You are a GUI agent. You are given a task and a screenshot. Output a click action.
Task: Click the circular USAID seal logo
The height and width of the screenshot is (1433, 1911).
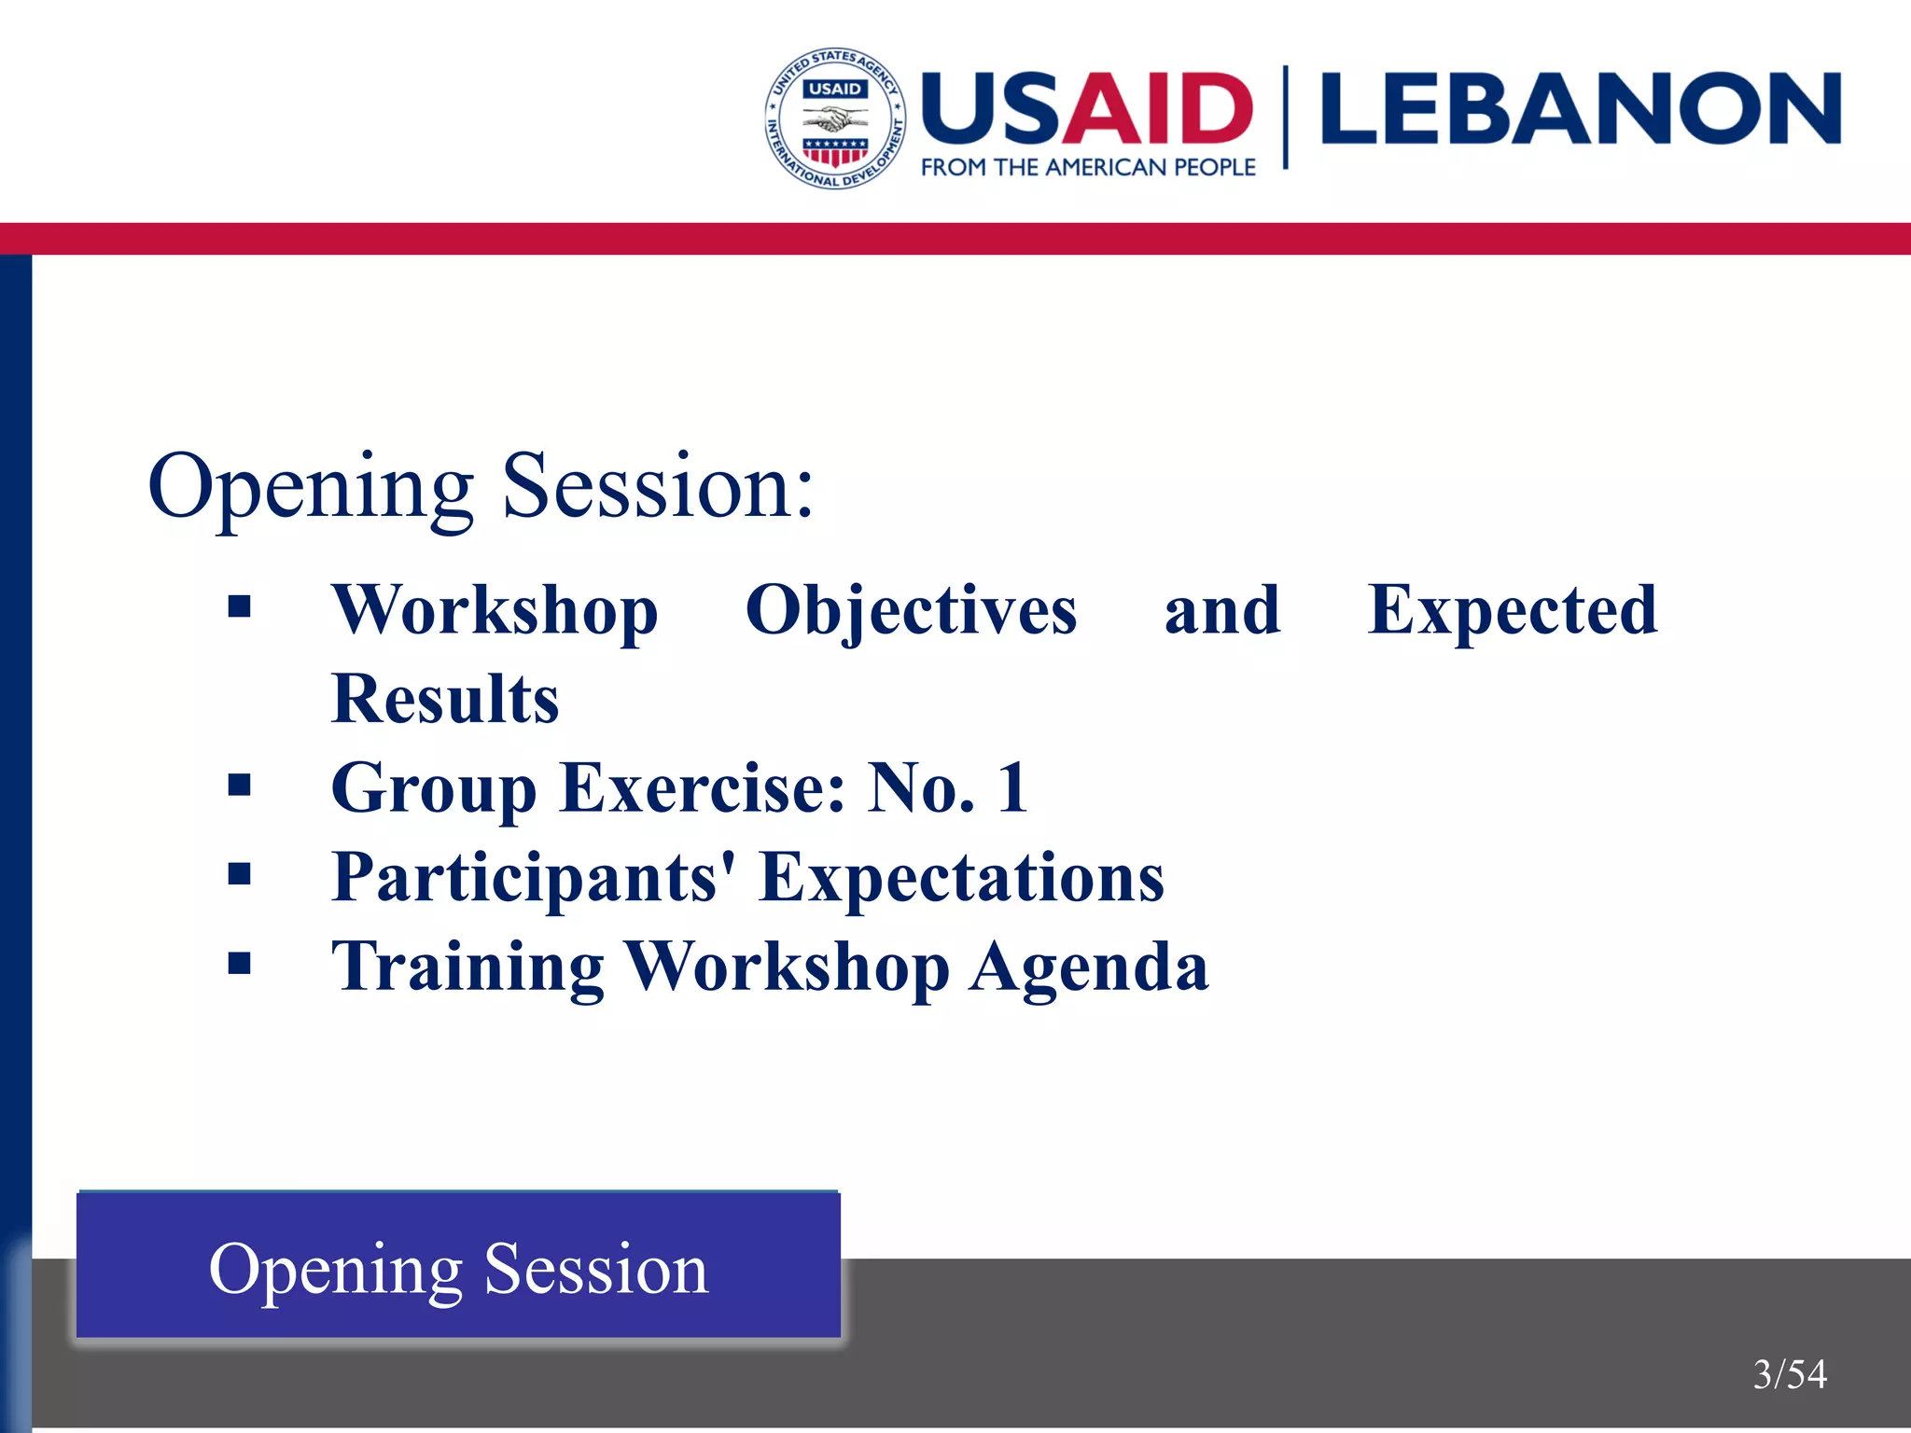(x=835, y=118)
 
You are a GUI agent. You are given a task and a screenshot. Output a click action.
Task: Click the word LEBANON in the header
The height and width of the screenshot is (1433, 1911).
(x=1580, y=110)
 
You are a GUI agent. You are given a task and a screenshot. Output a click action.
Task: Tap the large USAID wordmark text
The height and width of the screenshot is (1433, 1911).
(x=1087, y=108)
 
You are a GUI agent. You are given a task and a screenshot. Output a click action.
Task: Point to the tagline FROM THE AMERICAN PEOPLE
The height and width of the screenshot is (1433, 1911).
(x=1088, y=168)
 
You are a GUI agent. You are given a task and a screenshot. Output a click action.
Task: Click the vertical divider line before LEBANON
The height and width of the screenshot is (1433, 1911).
(x=1286, y=117)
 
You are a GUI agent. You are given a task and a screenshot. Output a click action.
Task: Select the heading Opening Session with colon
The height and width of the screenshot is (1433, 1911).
(x=481, y=486)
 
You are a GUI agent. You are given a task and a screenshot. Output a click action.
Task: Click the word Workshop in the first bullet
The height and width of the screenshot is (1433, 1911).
(x=495, y=610)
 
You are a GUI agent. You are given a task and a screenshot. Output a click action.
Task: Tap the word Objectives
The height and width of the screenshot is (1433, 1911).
(x=911, y=610)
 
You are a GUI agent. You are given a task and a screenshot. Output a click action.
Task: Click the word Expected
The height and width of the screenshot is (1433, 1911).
(x=1512, y=610)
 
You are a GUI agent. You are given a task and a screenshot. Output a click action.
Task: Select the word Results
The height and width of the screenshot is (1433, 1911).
(x=445, y=699)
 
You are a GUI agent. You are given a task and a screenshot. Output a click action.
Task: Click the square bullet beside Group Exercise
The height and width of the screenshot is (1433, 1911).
(x=240, y=786)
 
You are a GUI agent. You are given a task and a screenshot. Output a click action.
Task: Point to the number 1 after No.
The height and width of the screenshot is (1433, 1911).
(x=1013, y=787)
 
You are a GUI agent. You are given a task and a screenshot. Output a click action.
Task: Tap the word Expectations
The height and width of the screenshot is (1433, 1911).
(x=961, y=878)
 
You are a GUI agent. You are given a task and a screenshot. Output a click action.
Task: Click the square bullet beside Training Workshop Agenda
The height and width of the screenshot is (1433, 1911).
(x=240, y=963)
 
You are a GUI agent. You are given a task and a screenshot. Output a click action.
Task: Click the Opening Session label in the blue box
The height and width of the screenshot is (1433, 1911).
(x=458, y=1269)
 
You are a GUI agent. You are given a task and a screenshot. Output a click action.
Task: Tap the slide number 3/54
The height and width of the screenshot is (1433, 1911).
(x=1789, y=1374)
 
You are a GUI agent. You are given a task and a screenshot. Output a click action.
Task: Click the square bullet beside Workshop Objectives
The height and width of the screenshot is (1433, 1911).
(x=240, y=607)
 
